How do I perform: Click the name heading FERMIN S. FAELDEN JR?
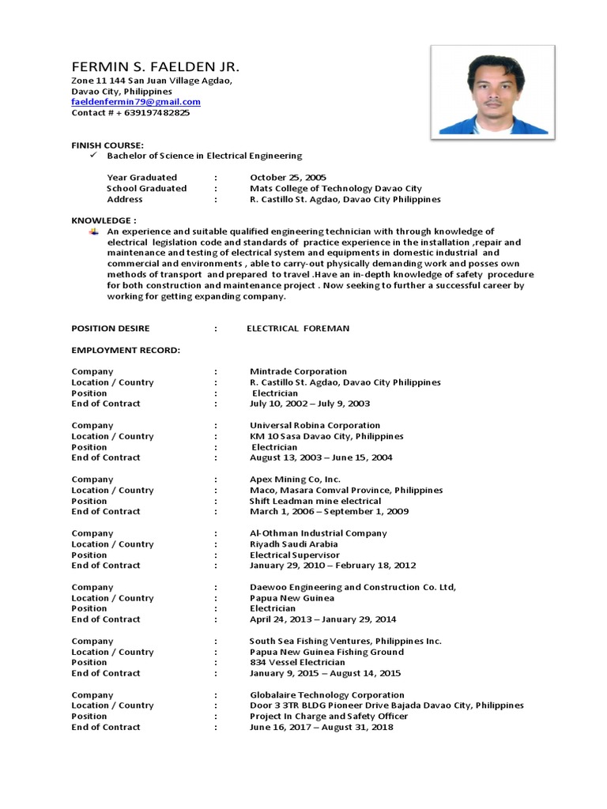(154, 66)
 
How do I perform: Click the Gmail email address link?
(136, 102)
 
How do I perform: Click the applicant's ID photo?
(492, 90)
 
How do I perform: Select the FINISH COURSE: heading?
(107, 145)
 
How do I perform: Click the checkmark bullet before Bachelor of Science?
(93, 156)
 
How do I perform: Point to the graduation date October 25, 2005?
(288, 178)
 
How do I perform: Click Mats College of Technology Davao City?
(336, 189)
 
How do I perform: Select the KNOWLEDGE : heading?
(104, 220)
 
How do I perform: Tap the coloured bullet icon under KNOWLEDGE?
(93, 231)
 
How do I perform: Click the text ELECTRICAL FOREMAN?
(298, 329)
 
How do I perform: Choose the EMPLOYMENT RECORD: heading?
(126, 350)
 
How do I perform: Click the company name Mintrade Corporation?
(298, 371)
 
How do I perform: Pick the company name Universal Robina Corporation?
(315, 426)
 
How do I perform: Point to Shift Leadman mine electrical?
(315, 501)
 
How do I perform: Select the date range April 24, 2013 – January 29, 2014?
(323, 619)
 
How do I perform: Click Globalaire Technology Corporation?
(316, 695)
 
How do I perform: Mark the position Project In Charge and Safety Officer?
(329, 717)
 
